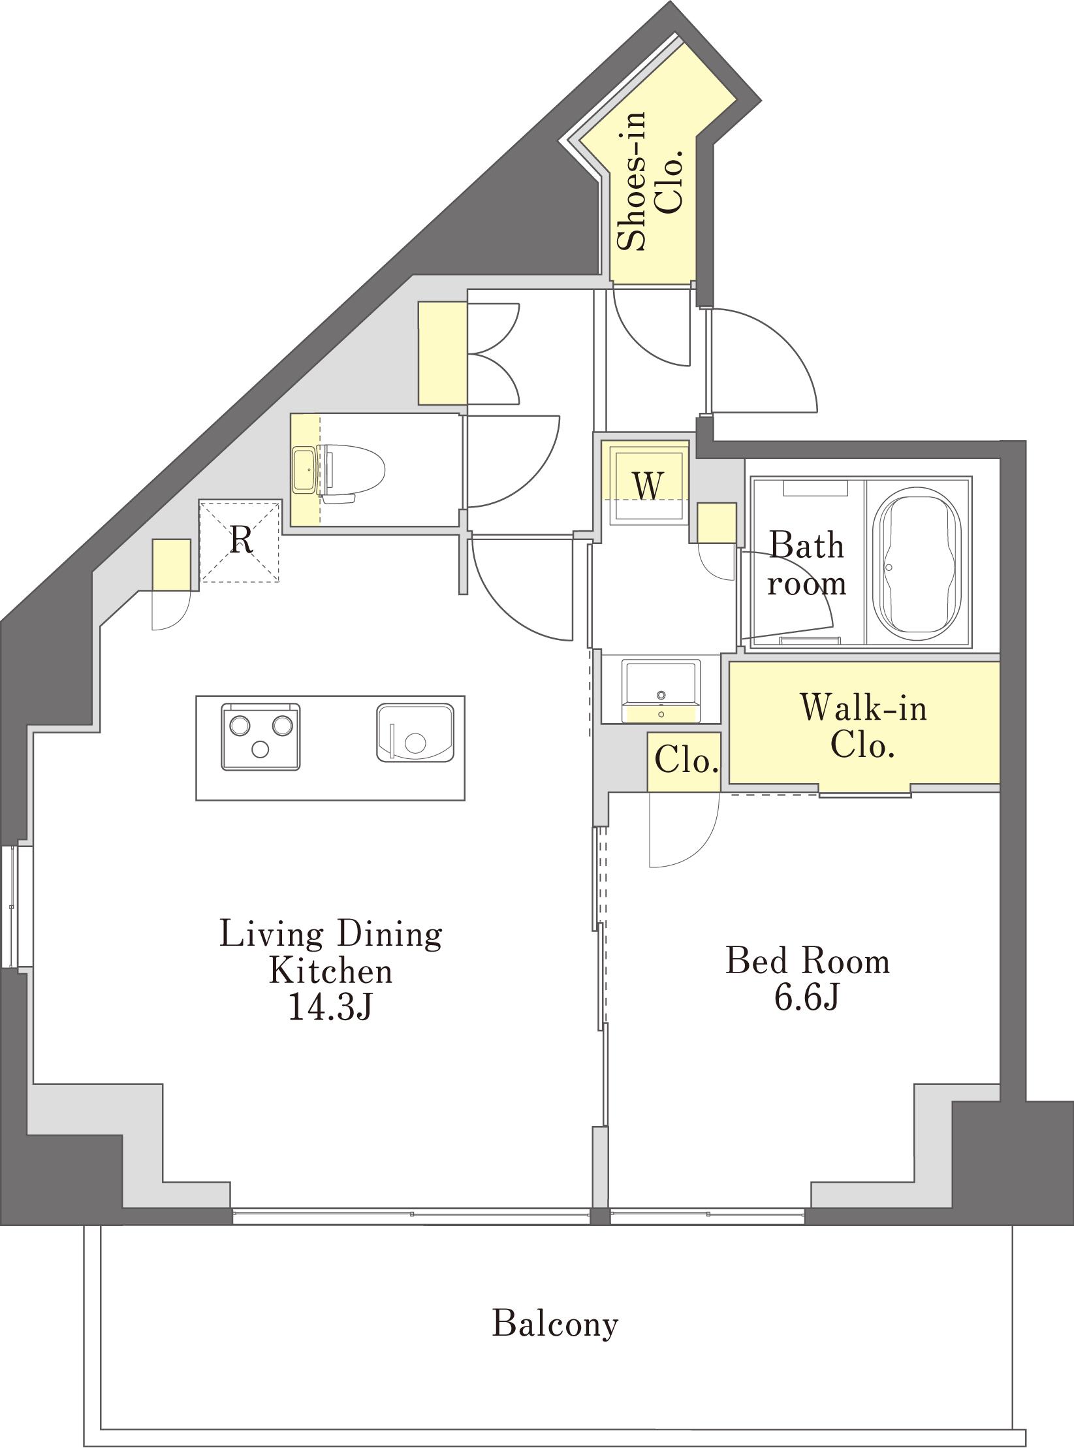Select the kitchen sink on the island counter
pyautogui.click(x=415, y=732)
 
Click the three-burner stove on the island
pyautogui.click(x=261, y=736)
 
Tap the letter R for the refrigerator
pyautogui.click(x=242, y=539)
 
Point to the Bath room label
pyautogui.click(x=807, y=563)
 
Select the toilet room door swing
pyautogui.click(x=513, y=461)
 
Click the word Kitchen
pyautogui.click(x=331, y=971)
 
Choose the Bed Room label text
pyautogui.click(x=808, y=961)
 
